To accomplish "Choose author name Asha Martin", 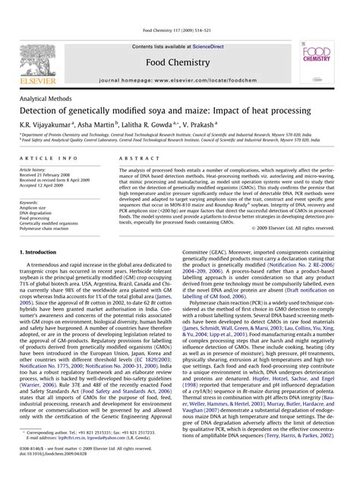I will pyautogui.click(x=96, y=125).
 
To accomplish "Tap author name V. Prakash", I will pyautogui.click(x=199, y=125).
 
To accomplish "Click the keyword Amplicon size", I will pyautogui.click(x=38, y=209).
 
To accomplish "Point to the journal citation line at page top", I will pyautogui.click(x=179, y=31).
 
